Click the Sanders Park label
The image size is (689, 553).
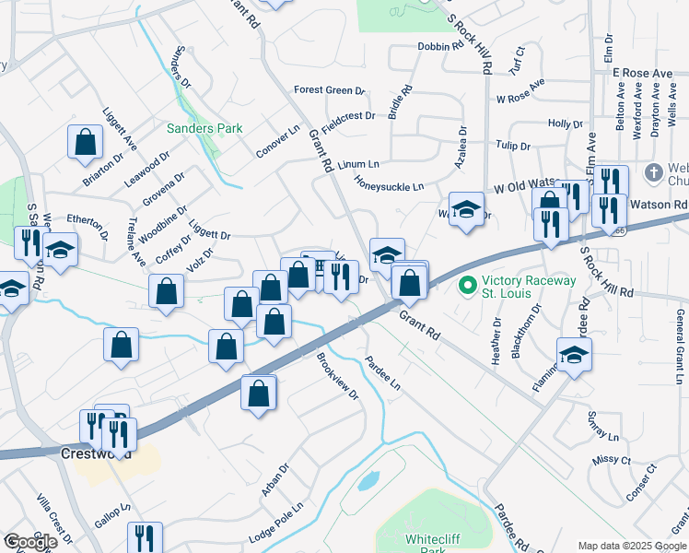pos(204,128)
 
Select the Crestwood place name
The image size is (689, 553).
pos(96,454)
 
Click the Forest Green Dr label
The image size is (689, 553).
pos(330,90)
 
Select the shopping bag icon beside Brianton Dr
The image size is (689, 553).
pos(86,143)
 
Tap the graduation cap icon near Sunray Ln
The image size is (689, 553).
pos(574,355)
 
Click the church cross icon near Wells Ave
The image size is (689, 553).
pos(653,172)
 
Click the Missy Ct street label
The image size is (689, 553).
pos(612,460)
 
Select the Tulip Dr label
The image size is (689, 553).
pos(513,146)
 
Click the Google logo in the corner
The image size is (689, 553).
pos(30,542)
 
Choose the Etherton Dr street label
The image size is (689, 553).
pos(88,220)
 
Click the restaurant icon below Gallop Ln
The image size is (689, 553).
pos(145,537)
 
